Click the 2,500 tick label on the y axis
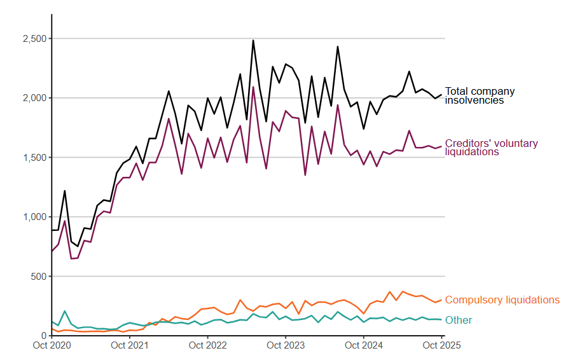point(33,39)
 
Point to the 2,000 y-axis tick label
point(33,98)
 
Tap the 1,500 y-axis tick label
point(33,158)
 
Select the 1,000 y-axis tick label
point(33,217)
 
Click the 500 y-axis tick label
point(38,277)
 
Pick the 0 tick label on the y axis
point(43,336)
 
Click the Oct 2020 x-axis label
point(52,346)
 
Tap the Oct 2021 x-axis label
point(130,346)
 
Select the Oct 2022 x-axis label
point(208,346)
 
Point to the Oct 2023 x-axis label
point(286,346)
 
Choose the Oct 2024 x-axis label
point(364,346)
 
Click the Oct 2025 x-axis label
point(441,346)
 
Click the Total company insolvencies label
point(480,95)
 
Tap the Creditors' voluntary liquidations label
point(491,148)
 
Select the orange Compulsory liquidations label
point(502,300)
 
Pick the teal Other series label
point(459,320)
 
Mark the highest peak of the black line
point(253,40)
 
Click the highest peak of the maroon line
point(253,87)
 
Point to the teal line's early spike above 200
point(65,311)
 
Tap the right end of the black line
point(441,95)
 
